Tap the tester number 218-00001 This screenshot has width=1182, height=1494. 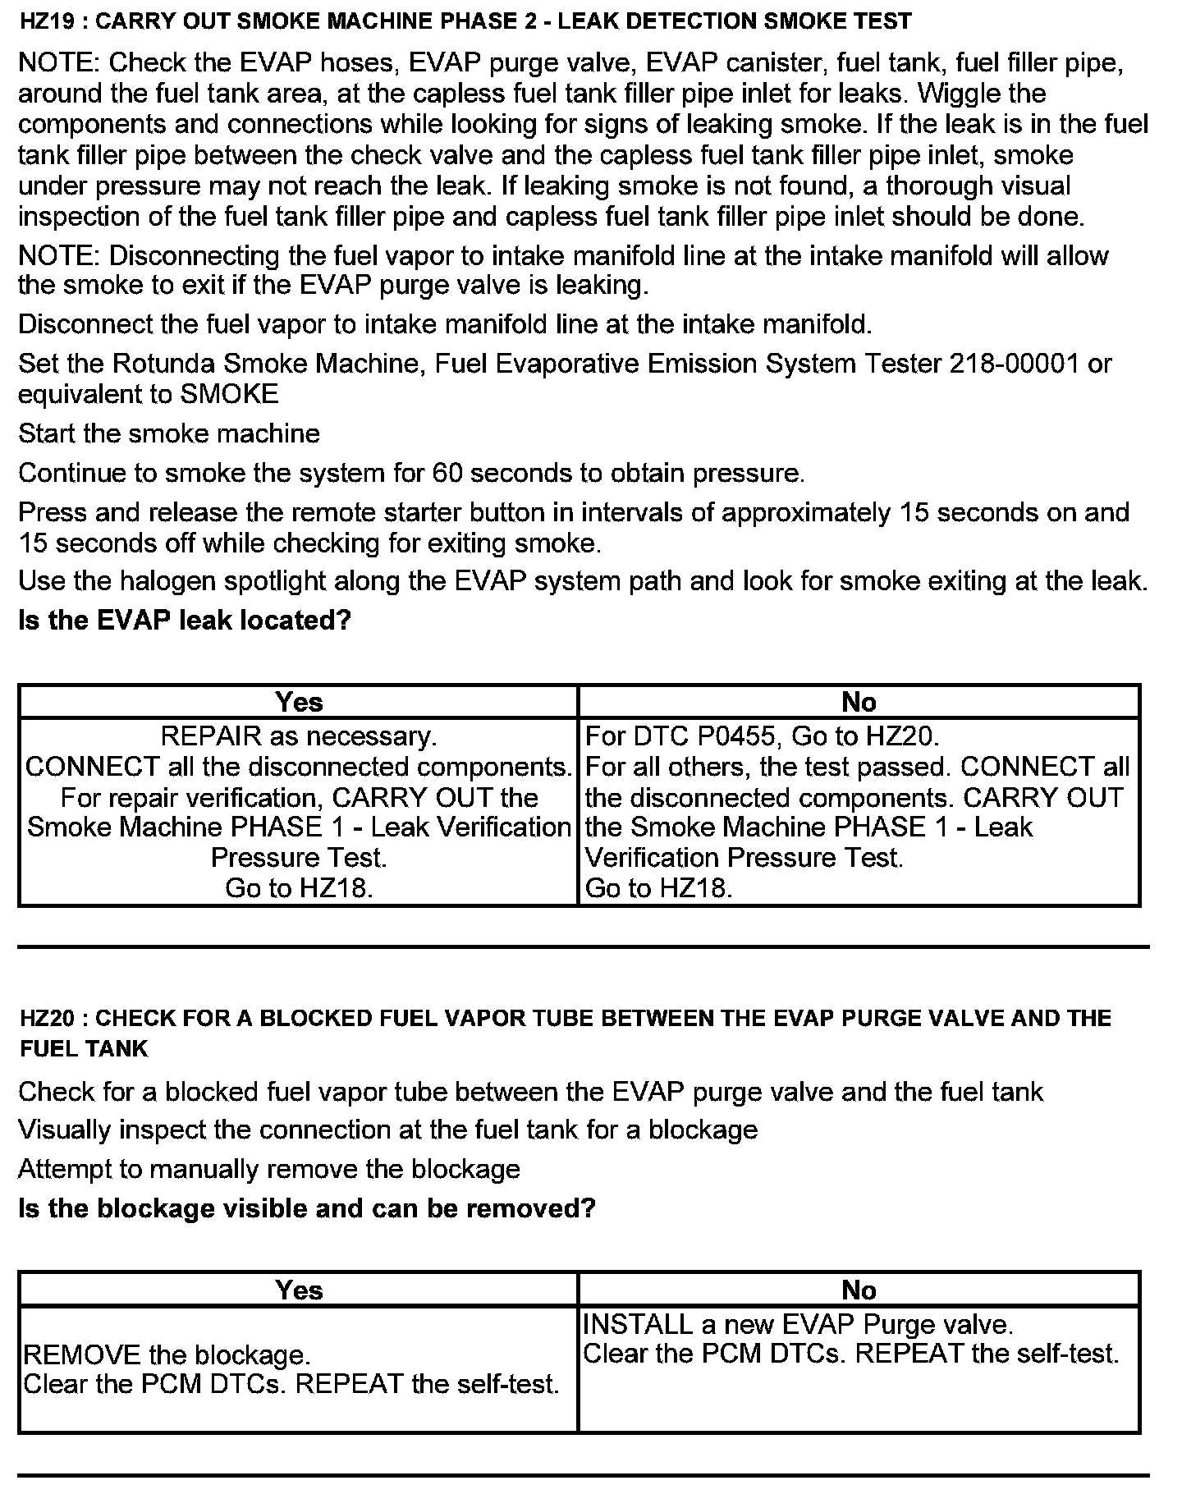tap(1013, 364)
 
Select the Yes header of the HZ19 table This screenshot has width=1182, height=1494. tap(299, 702)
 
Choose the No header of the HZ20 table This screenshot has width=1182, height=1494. tap(859, 1290)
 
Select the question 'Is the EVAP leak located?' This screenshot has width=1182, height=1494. tap(185, 620)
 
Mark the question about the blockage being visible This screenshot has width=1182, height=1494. tap(306, 1208)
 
